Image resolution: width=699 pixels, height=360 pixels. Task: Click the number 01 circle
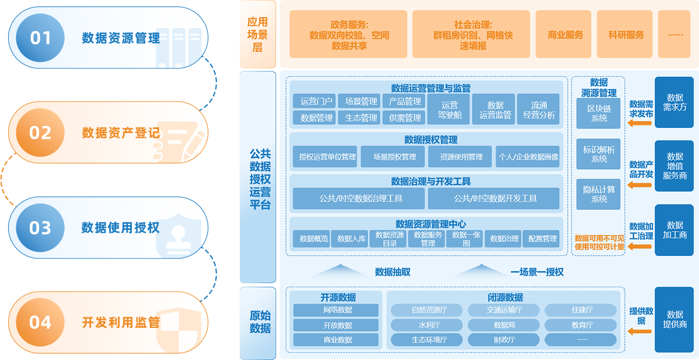tap(40, 38)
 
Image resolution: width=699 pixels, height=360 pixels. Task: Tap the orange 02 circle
tap(40, 132)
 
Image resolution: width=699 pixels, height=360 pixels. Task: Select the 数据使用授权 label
tap(120, 227)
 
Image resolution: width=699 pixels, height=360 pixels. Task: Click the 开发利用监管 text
tap(120, 322)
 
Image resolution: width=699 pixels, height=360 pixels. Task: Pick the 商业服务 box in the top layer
tap(565, 35)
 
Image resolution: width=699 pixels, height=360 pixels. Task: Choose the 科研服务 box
tap(626, 35)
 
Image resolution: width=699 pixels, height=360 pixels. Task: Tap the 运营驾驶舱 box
tap(450, 110)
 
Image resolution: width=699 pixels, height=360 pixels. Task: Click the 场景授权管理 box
tap(394, 156)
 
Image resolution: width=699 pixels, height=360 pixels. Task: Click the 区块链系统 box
tap(599, 113)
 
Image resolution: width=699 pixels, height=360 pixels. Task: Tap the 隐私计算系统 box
tap(599, 194)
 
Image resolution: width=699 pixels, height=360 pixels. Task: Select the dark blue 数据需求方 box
tap(674, 103)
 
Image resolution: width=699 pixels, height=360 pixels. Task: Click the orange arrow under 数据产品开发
tap(641, 186)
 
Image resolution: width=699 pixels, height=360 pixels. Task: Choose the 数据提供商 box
tap(674, 320)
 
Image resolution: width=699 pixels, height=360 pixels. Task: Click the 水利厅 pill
tap(425, 325)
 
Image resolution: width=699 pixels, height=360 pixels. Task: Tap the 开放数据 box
tap(337, 325)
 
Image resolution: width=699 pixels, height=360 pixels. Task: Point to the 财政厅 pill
tap(504, 340)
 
